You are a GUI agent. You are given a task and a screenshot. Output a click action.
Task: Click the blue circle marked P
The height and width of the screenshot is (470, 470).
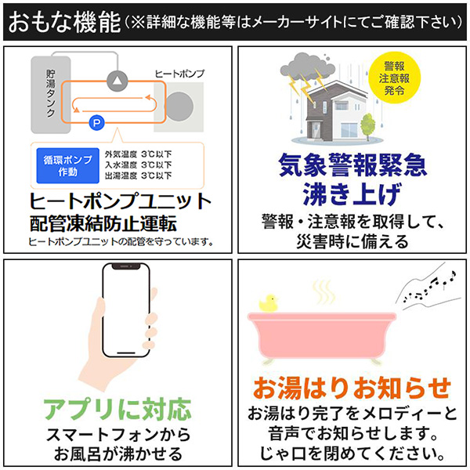pyautogui.click(x=96, y=123)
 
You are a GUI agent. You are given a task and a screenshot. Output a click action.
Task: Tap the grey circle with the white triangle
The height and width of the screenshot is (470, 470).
pyautogui.click(x=117, y=81)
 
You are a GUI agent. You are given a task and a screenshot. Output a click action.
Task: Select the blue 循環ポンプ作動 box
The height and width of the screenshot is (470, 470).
pyautogui.click(x=67, y=165)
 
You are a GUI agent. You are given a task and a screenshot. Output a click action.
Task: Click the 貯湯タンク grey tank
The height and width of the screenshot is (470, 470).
pyautogui.click(x=51, y=95)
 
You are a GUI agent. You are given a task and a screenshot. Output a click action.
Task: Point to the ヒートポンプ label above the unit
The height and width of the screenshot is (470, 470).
pyautogui.click(x=179, y=74)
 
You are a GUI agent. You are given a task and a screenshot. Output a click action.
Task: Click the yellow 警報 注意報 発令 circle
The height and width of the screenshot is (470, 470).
pyautogui.click(x=394, y=78)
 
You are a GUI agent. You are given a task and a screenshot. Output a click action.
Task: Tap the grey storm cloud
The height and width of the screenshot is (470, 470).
pyautogui.click(x=306, y=68)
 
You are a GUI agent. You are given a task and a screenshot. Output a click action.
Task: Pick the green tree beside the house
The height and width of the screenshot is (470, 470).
pyautogui.click(x=367, y=126)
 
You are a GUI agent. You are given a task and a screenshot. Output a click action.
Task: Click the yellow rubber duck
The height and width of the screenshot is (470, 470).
pyautogui.click(x=268, y=303)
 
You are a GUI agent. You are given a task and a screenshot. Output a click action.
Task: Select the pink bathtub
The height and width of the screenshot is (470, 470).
pyautogui.click(x=322, y=336)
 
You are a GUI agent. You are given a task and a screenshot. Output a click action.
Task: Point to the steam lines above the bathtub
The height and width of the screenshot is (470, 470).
pyautogui.click(x=324, y=291)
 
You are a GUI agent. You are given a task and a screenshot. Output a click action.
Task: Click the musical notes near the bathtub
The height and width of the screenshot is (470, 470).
pyautogui.click(x=429, y=287)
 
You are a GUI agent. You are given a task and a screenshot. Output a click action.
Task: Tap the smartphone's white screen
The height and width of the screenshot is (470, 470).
pyautogui.click(x=126, y=311)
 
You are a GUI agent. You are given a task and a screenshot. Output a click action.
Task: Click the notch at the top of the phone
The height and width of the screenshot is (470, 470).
pyautogui.click(x=126, y=266)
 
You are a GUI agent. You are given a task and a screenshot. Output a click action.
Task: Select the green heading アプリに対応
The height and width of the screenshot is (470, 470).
pyautogui.click(x=117, y=410)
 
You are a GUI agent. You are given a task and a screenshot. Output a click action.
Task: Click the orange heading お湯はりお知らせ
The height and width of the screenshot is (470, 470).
pyautogui.click(x=352, y=389)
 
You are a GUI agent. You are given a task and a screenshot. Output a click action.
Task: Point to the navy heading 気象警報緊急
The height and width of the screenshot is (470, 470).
pyautogui.click(x=352, y=164)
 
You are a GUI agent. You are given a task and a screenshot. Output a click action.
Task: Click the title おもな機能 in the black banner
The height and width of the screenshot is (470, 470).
pyautogui.click(x=64, y=22)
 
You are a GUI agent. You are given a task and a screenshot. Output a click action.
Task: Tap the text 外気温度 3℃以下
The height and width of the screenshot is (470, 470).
pyautogui.click(x=138, y=154)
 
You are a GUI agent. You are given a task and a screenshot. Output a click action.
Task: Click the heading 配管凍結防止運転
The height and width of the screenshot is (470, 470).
pyautogui.click(x=103, y=223)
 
